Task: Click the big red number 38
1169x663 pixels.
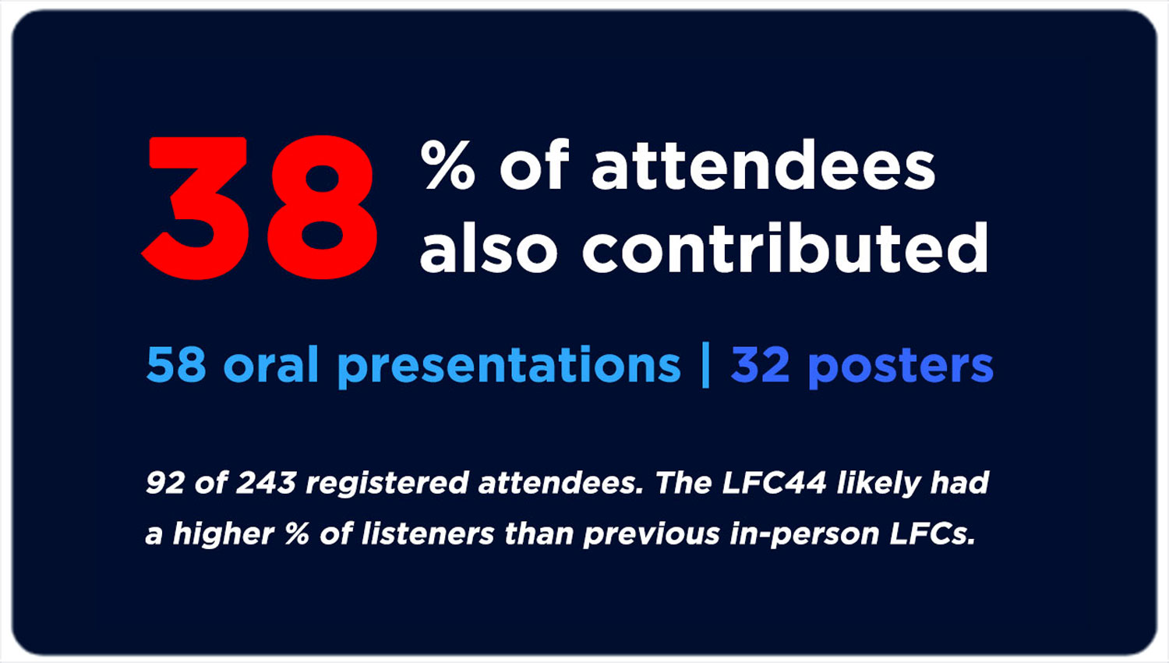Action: (x=260, y=207)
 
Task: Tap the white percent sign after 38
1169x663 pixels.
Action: (x=448, y=165)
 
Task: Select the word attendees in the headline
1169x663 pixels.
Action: (x=764, y=164)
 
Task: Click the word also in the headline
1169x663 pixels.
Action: (x=489, y=247)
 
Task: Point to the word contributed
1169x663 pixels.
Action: (x=786, y=247)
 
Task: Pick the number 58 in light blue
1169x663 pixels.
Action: (x=176, y=364)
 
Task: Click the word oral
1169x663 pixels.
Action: (x=271, y=363)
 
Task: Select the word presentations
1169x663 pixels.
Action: (x=510, y=367)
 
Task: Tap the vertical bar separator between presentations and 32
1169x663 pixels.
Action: (x=705, y=365)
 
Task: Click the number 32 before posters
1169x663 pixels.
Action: (x=760, y=364)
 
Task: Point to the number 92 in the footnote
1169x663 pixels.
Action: (x=165, y=482)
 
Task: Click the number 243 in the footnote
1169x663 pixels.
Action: (x=267, y=482)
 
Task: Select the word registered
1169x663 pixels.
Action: (x=387, y=484)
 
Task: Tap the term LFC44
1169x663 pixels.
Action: (x=774, y=482)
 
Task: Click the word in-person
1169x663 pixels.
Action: (x=803, y=535)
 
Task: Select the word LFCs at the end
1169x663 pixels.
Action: (x=932, y=534)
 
